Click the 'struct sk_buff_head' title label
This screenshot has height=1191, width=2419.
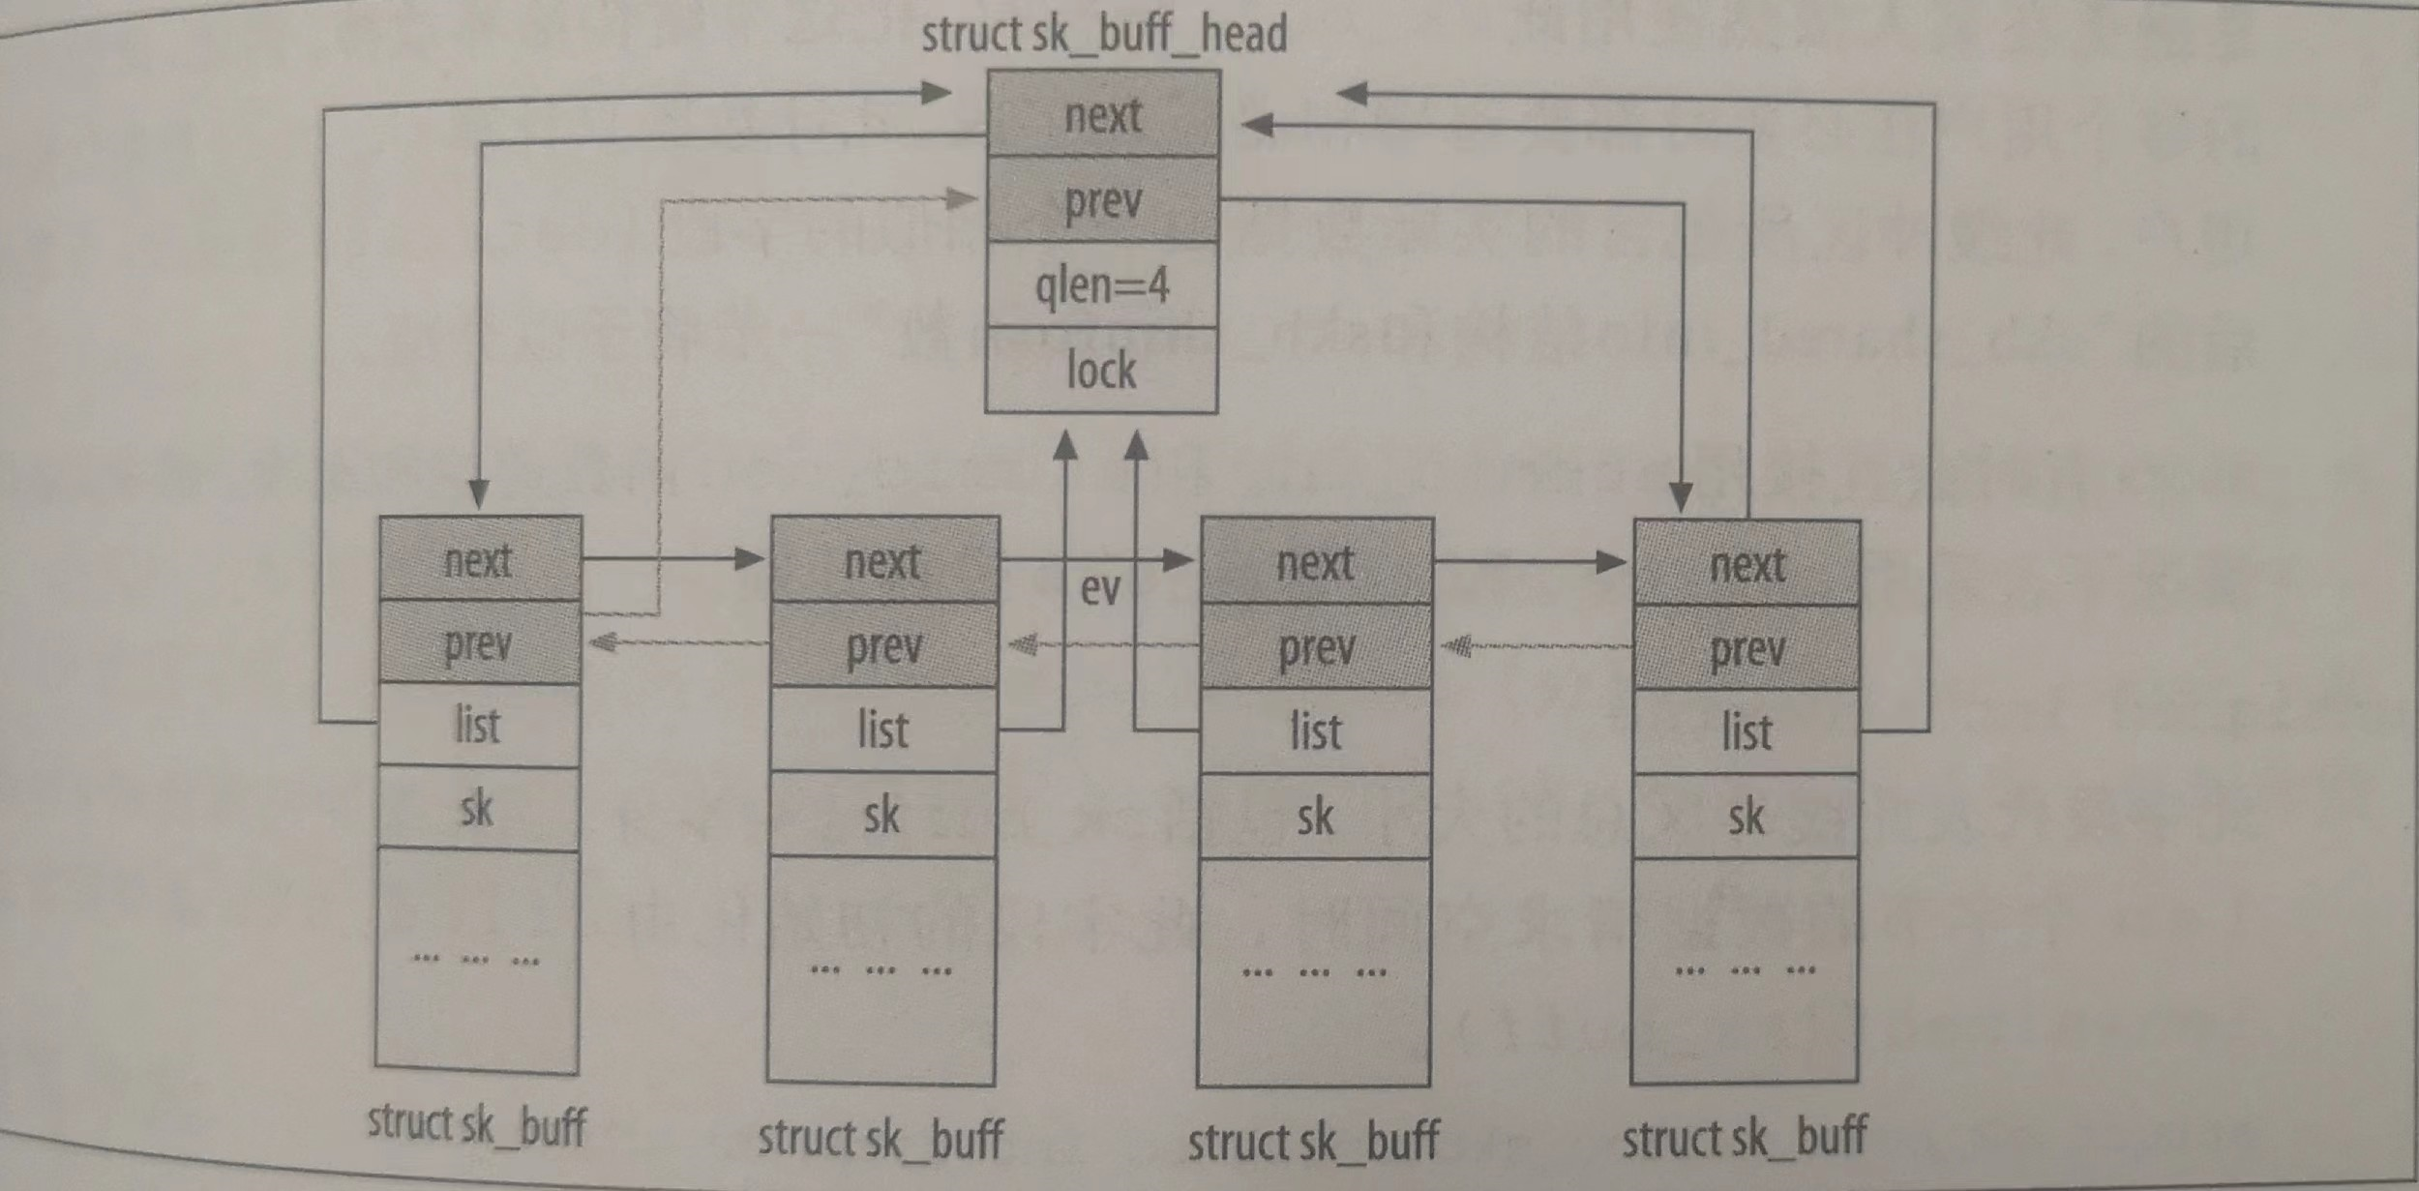[x=1104, y=35]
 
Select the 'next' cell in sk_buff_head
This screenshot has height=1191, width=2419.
[x=1103, y=115]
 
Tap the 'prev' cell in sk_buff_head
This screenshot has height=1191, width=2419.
[x=1103, y=200]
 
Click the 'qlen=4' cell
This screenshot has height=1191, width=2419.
[x=1102, y=285]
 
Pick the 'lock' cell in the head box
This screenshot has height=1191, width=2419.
[x=1101, y=371]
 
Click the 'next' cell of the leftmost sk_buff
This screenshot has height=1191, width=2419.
[x=480, y=560]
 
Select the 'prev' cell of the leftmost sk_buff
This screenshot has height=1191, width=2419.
[x=479, y=643]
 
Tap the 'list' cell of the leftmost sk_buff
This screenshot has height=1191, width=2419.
[x=478, y=726]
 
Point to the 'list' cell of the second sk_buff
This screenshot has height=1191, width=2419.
[x=882, y=729]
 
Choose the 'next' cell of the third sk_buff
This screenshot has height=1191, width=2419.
[x=1316, y=563]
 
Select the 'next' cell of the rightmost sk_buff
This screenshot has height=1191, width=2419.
[x=1747, y=565]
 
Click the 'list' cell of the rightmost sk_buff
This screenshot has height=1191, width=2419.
[x=1747, y=732]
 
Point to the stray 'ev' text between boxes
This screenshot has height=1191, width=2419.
[x=1100, y=589]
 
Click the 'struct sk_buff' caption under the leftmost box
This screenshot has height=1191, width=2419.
[x=477, y=1125]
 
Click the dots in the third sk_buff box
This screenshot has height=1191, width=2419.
[x=1314, y=971]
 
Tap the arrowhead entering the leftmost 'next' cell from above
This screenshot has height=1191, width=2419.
[x=479, y=494]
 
